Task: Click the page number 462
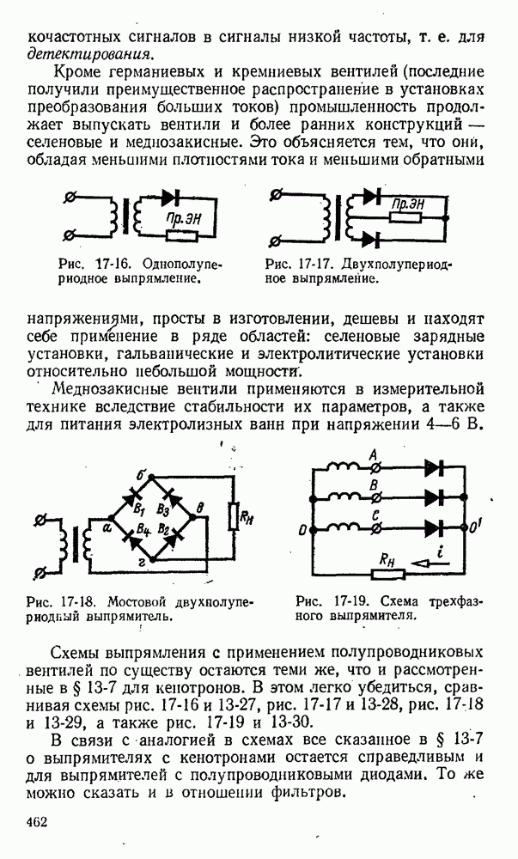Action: [x=36, y=823]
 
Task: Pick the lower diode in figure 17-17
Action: [x=372, y=238]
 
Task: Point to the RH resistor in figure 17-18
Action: [x=233, y=517]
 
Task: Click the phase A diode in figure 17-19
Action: [x=433, y=468]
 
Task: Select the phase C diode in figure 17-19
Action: [x=433, y=526]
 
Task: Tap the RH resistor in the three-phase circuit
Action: [x=392, y=563]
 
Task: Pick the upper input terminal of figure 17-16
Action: [x=69, y=198]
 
